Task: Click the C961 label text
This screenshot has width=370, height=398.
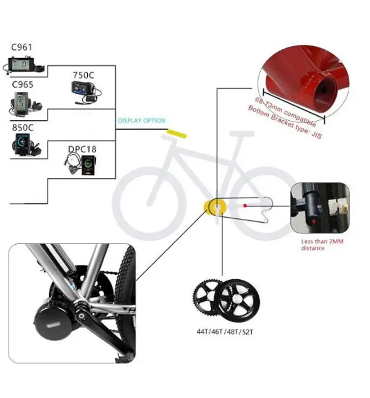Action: (22, 48)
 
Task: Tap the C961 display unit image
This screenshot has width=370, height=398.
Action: (25, 66)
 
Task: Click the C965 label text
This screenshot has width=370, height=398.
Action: (23, 85)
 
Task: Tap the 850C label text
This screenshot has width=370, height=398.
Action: (23, 128)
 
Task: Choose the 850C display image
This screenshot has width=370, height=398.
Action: (23, 144)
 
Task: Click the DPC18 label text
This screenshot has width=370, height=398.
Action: (82, 148)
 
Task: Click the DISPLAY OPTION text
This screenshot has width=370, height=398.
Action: (142, 121)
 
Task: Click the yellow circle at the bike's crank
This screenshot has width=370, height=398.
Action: (214, 206)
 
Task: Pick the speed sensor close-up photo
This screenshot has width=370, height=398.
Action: (320, 208)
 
